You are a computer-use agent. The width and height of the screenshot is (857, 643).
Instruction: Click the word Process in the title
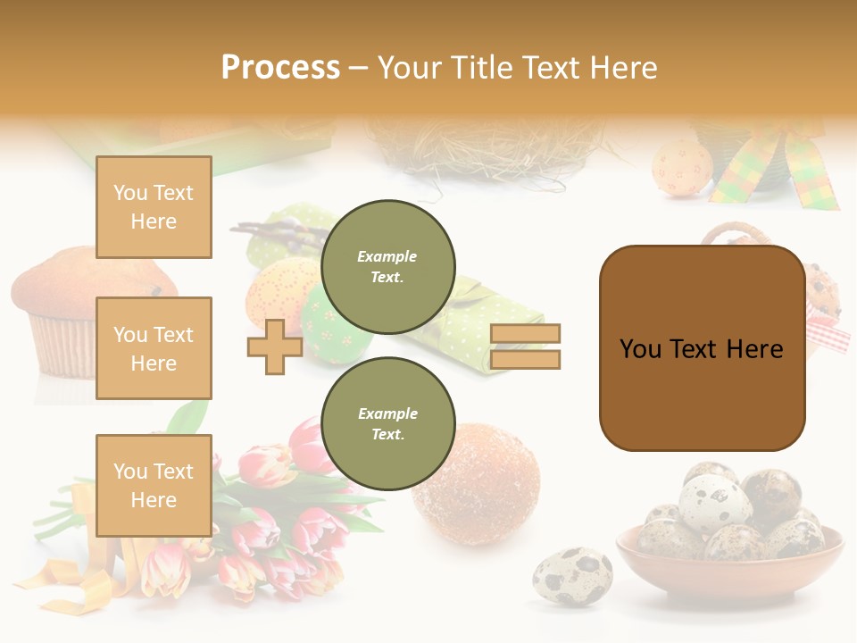coord(280,68)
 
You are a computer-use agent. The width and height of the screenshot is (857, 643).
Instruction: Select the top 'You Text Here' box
coord(154,207)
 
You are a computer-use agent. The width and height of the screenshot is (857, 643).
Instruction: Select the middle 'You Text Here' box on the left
coord(154,348)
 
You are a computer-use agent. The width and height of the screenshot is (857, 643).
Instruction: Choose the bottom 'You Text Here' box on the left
coord(154,485)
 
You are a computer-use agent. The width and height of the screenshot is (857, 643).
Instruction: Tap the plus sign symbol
coord(275,347)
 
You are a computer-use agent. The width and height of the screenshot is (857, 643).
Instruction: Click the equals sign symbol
coord(525,347)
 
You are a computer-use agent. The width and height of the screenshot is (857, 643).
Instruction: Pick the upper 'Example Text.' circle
coord(387,267)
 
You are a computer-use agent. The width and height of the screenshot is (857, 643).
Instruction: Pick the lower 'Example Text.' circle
coord(387,424)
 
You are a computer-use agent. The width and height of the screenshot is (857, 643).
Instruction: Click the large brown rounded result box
coord(702,348)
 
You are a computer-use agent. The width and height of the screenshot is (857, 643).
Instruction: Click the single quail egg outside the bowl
coord(572,576)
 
